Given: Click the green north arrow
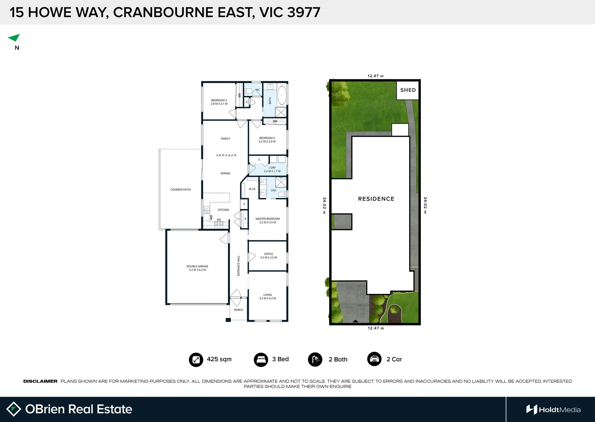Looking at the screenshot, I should click(14, 38).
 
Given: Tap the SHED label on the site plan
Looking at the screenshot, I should click(408, 90).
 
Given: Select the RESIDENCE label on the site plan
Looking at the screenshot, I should click(376, 199).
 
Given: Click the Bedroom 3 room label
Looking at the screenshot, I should click(219, 102).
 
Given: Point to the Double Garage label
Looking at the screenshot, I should click(197, 268).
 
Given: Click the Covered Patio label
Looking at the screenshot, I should click(180, 190).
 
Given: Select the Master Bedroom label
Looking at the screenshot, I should click(267, 220).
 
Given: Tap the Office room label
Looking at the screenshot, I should click(268, 256).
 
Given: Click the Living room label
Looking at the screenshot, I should click(267, 297).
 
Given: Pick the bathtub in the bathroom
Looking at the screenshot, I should click(281, 95).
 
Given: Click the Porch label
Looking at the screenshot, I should click(238, 310).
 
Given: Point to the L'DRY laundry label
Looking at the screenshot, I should click(272, 169).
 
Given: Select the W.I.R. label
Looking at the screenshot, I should click(252, 189).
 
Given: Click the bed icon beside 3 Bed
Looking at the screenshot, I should click(261, 359).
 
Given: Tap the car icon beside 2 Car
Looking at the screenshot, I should click(374, 359).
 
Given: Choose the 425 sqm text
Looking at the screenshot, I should click(219, 359).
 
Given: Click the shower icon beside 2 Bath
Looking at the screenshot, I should click(315, 359).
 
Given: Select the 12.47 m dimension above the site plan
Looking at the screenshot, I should click(375, 76).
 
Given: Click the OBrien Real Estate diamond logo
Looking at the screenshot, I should click(14, 409).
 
